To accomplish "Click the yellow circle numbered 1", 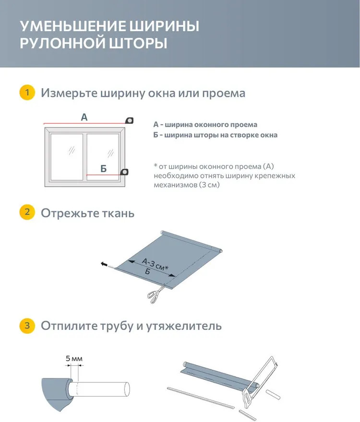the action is coord(27,93).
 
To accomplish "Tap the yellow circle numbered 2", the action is coord(27,212).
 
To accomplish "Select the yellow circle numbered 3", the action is coord(27,326).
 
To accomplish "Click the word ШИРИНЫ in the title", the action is coord(164,26).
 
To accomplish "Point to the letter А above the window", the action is coord(84,117).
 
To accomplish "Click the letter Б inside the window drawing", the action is coord(104,169).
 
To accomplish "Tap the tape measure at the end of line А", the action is coord(129,120).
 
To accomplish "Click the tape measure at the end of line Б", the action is coord(124,172).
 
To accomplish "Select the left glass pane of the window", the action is coord(67,157).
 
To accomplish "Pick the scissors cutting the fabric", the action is coord(156,293).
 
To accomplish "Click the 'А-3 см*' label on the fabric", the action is coord(155,264).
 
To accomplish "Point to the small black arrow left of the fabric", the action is coord(104,264).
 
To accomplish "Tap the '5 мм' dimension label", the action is coord(74,359).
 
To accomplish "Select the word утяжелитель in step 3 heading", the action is coord(184,326).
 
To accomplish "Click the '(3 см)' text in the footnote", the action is coord(209,185).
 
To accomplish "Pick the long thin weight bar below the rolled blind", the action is coord(200,398).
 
